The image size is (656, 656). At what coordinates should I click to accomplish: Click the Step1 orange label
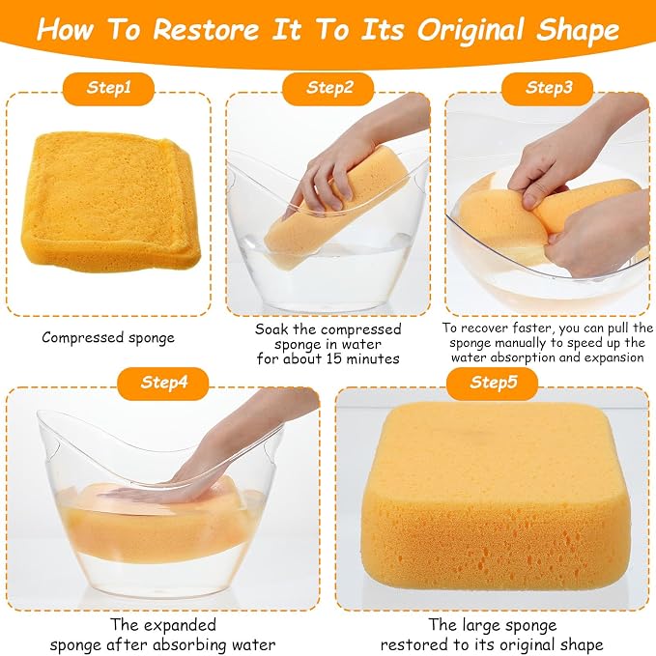tap(108, 88)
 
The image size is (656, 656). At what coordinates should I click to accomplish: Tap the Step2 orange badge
tap(328, 88)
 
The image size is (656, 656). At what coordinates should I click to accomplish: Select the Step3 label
tap(547, 88)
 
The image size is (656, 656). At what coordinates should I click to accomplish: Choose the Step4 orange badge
tap(162, 384)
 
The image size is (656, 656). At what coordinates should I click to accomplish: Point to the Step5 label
tap(492, 384)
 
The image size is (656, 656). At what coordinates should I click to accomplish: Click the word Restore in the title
tap(206, 30)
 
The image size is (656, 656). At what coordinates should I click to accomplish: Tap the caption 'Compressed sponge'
tap(108, 337)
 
